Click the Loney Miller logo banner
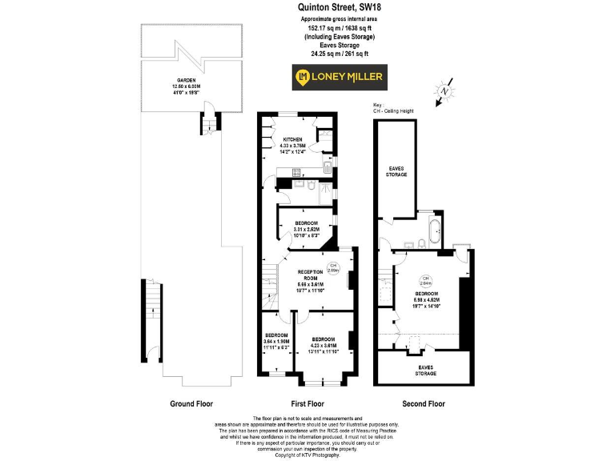tap(340, 77)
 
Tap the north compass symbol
tap(442, 90)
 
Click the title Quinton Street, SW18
tap(339, 7)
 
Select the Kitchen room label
tap(292, 144)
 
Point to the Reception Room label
tap(309, 280)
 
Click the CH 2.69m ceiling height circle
tap(333, 268)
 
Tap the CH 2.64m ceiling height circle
tap(426, 280)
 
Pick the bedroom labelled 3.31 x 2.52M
tap(307, 229)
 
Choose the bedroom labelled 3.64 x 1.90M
tap(276, 340)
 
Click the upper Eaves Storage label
tap(396, 171)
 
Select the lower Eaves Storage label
tap(425, 371)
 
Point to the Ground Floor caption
tap(191, 403)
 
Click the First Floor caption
tap(306, 403)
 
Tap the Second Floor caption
tap(424, 403)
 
